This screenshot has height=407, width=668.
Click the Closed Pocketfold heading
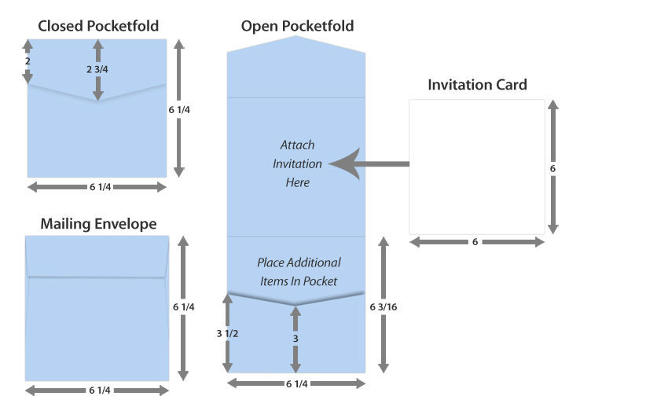pos(98,26)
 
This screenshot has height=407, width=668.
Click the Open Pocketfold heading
pos(297,26)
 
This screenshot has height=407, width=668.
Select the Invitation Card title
pos(477,84)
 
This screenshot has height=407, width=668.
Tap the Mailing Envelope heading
pos(98,224)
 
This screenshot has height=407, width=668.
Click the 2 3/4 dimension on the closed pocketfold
pos(97,69)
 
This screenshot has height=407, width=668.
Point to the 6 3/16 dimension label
pos(383,307)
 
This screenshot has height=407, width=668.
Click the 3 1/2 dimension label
pos(228,333)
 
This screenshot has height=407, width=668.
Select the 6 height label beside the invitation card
pos(552,168)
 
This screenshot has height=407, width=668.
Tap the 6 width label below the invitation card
pos(475,242)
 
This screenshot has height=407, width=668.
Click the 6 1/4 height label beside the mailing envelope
pos(182,306)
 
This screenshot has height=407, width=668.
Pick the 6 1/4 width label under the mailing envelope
pos(98,390)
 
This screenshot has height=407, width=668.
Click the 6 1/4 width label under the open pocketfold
pos(296,383)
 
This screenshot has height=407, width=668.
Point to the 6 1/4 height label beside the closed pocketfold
pos(180,110)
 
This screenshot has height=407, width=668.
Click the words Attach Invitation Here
pos(297,163)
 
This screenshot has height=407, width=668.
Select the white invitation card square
pos(477,167)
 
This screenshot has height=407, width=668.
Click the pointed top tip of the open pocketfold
pos(296,37)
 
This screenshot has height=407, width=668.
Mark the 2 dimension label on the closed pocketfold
pos(28,60)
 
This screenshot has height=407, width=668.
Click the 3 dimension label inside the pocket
pos(295,338)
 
